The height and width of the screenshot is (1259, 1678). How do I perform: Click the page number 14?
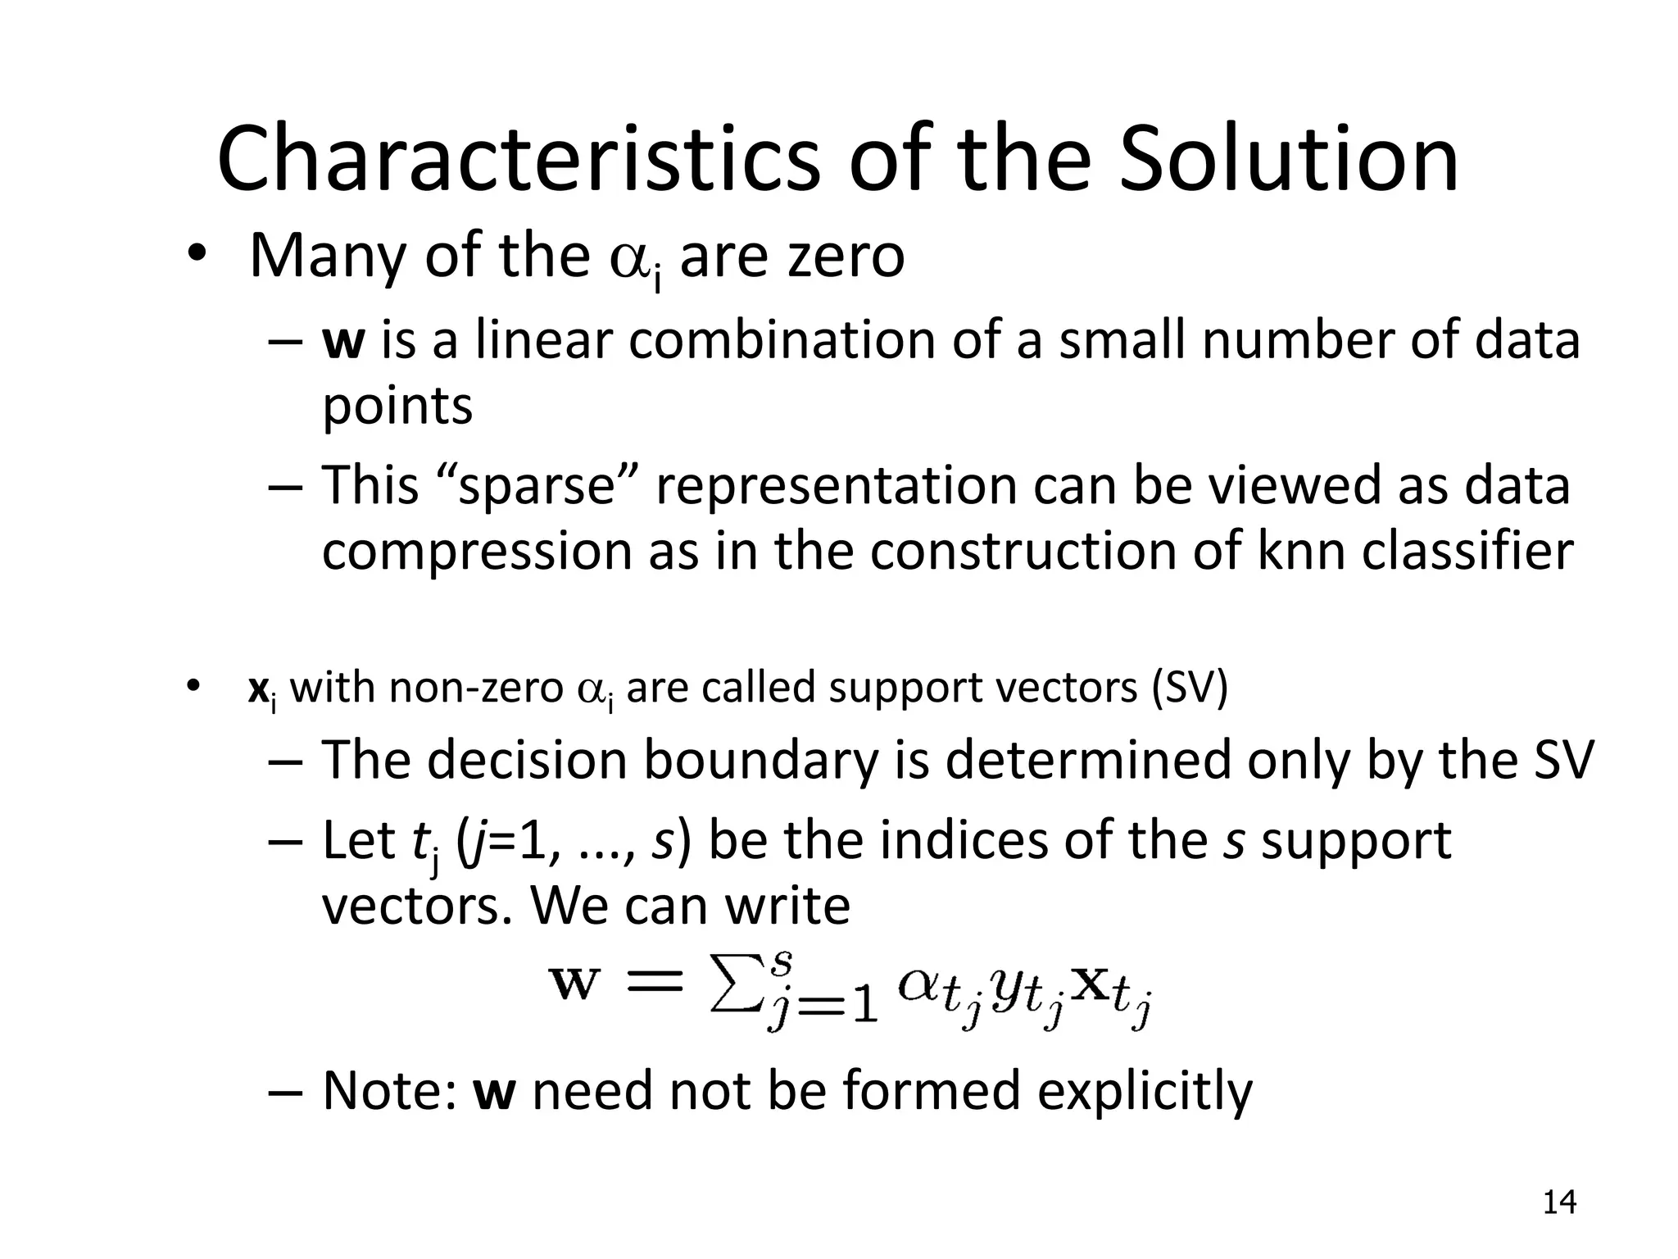pyautogui.click(x=1559, y=1202)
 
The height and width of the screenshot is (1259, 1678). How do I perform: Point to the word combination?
pyautogui.click(x=782, y=340)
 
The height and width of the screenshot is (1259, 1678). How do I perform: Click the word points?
pyautogui.click(x=397, y=406)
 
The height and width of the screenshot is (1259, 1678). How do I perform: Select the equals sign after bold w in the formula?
pyautogui.click(x=653, y=981)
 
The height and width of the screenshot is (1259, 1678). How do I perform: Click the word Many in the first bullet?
pyautogui.click(x=328, y=256)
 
